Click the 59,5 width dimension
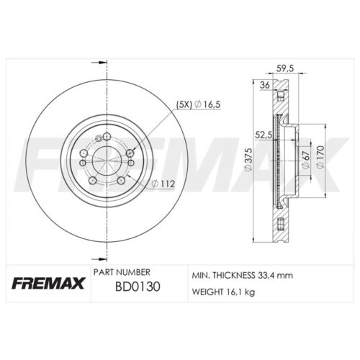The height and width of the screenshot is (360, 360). (x=285, y=68)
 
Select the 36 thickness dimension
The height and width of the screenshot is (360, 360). (x=265, y=85)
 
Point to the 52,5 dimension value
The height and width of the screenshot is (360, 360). (x=264, y=135)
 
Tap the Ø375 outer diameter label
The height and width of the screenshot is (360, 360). (x=248, y=160)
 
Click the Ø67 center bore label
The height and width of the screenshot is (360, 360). (x=305, y=160)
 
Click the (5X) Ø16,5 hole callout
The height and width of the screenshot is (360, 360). (x=198, y=104)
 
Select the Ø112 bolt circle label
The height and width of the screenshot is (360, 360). (x=163, y=184)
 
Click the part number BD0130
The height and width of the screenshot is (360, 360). (x=138, y=287)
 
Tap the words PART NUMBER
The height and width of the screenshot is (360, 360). (x=122, y=272)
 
